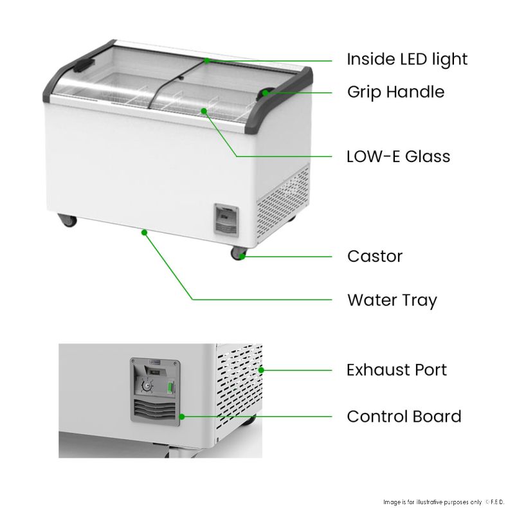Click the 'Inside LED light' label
point(406,60)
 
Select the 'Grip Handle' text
point(395,92)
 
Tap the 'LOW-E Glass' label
point(398,156)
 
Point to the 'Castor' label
point(374,257)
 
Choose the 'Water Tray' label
point(392,300)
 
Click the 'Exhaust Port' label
point(396,370)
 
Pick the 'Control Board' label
point(403,417)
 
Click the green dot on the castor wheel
point(242,257)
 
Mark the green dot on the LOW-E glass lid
point(204,111)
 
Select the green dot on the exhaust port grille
point(260,370)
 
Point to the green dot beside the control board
point(182,417)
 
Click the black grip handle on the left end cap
point(82,65)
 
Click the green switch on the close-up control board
point(170,387)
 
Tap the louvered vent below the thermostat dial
point(154,409)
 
